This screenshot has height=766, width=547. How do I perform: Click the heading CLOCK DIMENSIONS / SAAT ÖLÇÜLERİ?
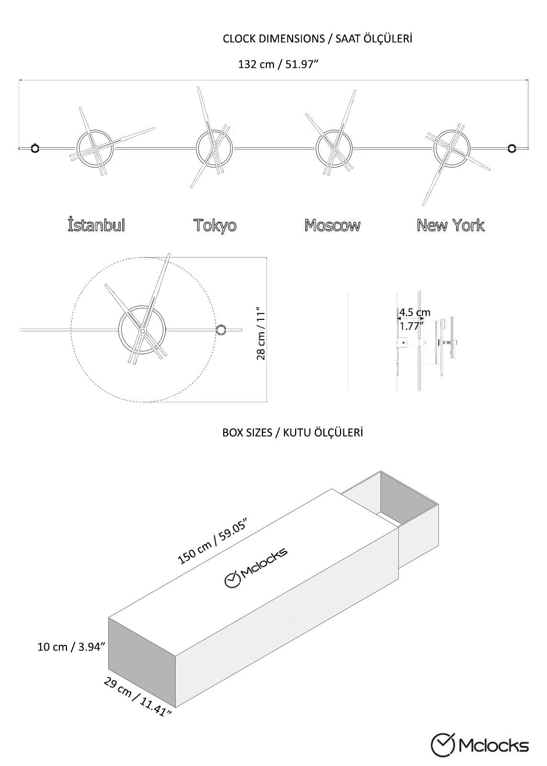pyautogui.click(x=317, y=39)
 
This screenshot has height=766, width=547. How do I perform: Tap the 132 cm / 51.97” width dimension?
pyautogui.click(x=278, y=64)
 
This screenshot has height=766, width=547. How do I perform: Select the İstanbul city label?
pyautogui.click(x=96, y=225)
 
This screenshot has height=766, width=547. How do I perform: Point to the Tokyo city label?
pyautogui.click(x=215, y=225)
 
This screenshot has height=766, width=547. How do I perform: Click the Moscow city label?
pyautogui.click(x=332, y=225)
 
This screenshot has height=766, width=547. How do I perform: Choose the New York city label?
pyautogui.click(x=450, y=225)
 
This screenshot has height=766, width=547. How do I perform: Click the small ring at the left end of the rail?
pyautogui.click(x=34, y=148)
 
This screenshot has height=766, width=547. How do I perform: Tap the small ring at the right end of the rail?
pyautogui.click(x=512, y=148)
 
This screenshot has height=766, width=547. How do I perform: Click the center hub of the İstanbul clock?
pyautogui.click(x=95, y=149)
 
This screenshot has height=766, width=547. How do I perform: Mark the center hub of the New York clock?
pyautogui.click(x=450, y=148)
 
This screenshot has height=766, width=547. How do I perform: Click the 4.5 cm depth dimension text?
pyautogui.click(x=414, y=313)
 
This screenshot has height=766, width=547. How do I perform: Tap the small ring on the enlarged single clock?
pyautogui.click(x=222, y=330)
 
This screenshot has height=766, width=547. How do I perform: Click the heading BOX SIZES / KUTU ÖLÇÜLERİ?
pyautogui.click(x=292, y=433)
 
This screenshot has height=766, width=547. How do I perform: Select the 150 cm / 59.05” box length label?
pyautogui.click(x=212, y=541)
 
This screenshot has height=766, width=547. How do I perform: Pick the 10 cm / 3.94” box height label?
pyautogui.click(x=71, y=647)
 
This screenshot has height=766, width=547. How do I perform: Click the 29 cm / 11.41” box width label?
pyautogui.click(x=137, y=697)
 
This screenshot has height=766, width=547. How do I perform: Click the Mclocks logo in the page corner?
pyautogui.click(x=480, y=745)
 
